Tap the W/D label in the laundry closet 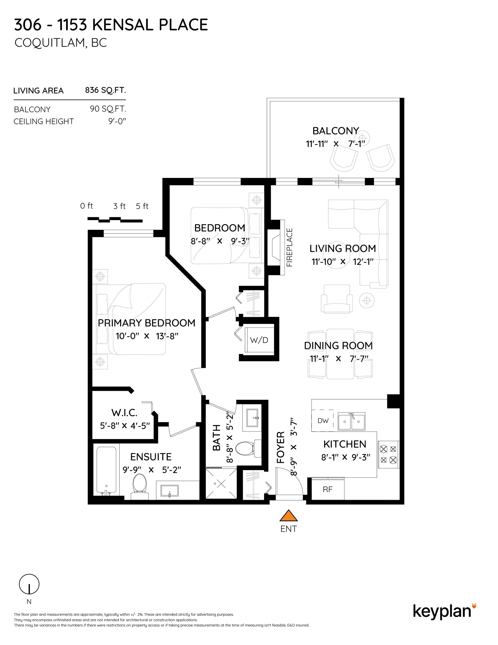click(259, 340)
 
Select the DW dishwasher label click(323, 420)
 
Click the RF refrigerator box click(328, 489)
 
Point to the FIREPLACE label click(289, 247)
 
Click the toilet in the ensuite click(140, 483)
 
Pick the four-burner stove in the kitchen click(388, 455)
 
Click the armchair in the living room click(337, 299)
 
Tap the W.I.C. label click(124, 413)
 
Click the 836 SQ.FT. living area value click(105, 90)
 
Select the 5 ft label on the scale click(142, 206)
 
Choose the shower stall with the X click(221, 483)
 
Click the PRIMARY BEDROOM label click(146, 323)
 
